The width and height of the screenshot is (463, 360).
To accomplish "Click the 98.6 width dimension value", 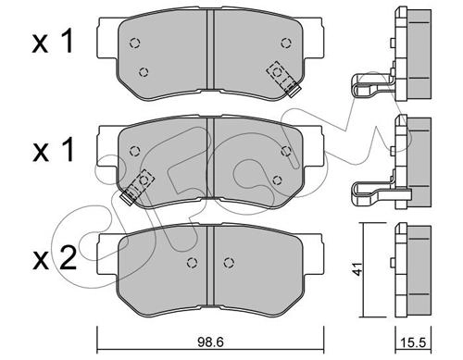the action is (x=210, y=342).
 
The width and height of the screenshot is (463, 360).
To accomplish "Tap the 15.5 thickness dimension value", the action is (x=413, y=342).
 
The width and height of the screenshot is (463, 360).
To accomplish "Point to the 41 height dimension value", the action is (x=358, y=269).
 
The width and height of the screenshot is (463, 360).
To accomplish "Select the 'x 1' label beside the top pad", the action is (x=53, y=41).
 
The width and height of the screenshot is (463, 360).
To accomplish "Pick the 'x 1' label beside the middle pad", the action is (x=54, y=150).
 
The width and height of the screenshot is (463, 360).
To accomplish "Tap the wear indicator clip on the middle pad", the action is (x=138, y=186).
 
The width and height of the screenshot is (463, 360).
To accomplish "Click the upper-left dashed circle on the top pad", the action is (x=134, y=43).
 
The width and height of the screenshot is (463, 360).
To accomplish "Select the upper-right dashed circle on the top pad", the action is (x=286, y=43).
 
